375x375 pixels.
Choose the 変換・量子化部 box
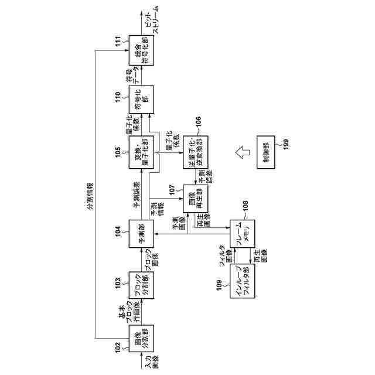coord(142,152)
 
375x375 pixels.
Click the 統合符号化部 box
coord(142,50)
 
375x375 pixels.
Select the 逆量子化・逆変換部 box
coord(196,152)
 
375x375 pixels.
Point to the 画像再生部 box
coord(196,199)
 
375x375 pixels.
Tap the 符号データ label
coord(132,75)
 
